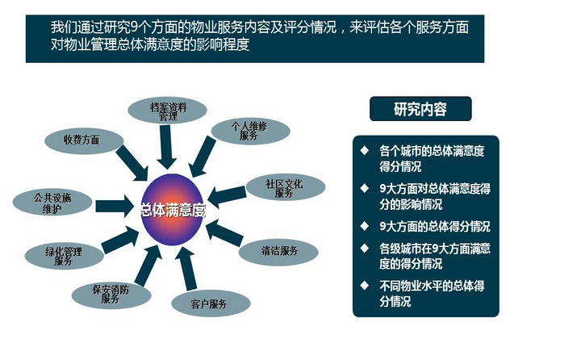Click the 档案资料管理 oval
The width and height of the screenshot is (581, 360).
click(x=167, y=111)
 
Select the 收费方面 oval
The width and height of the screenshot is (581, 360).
click(x=84, y=140)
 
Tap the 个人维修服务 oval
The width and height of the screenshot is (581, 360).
click(x=250, y=132)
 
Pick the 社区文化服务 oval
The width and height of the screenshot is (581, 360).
click(x=286, y=186)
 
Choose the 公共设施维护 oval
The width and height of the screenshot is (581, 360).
click(x=52, y=203)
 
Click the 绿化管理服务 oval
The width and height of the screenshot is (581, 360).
click(x=64, y=256)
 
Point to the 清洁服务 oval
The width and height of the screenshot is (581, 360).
click(x=278, y=252)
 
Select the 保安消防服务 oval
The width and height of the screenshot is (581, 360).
click(x=111, y=295)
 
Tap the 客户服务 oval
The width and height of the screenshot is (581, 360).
click(x=211, y=303)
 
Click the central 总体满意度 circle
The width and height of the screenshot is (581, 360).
click(x=173, y=210)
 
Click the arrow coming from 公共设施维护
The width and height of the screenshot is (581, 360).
click(x=115, y=206)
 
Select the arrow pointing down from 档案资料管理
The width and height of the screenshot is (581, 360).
click(x=166, y=147)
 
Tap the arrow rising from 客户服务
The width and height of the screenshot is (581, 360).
click(x=186, y=269)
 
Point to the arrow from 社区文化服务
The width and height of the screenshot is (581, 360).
click(x=227, y=196)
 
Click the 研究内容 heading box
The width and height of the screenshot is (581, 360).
click(x=420, y=109)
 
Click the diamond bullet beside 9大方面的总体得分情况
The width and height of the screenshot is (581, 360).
click(x=365, y=226)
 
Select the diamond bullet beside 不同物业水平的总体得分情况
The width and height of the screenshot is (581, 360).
click(x=365, y=285)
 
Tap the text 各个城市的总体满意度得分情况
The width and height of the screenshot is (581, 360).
click(x=432, y=159)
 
